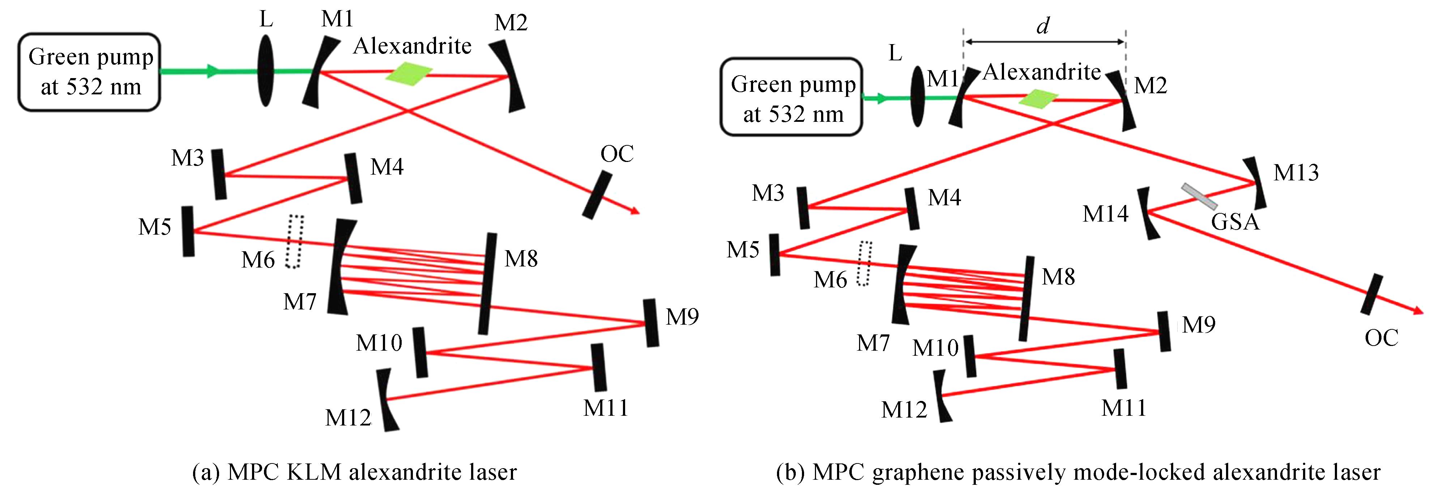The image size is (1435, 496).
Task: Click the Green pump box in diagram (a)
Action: pyautogui.click(x=89, y=72)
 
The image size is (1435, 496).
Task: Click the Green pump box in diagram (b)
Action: pyautogui.click(x=791, y=97)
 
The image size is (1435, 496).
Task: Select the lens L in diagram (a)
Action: pyautogui.click(x=266, y=71)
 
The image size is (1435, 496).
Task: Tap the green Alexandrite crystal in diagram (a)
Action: pyautogui.click(x=409, y=73)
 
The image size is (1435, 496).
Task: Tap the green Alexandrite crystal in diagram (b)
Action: pyautogui.click(x=1038, y=99)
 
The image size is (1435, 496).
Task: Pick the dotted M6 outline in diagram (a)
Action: pyautogui.click(x=294, y=241)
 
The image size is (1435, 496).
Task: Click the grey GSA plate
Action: pyautogui.click(x=1199, y=196)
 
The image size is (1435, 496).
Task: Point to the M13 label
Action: pyautogui.click(x=1296, y=173)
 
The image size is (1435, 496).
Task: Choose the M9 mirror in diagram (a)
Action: pyautogui.click(x=651, y=323)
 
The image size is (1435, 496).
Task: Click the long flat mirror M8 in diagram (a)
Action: pyautogui.click(x=487, y=284)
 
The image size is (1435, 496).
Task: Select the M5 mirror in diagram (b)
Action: pyautogui.click(x=774, y=255)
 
